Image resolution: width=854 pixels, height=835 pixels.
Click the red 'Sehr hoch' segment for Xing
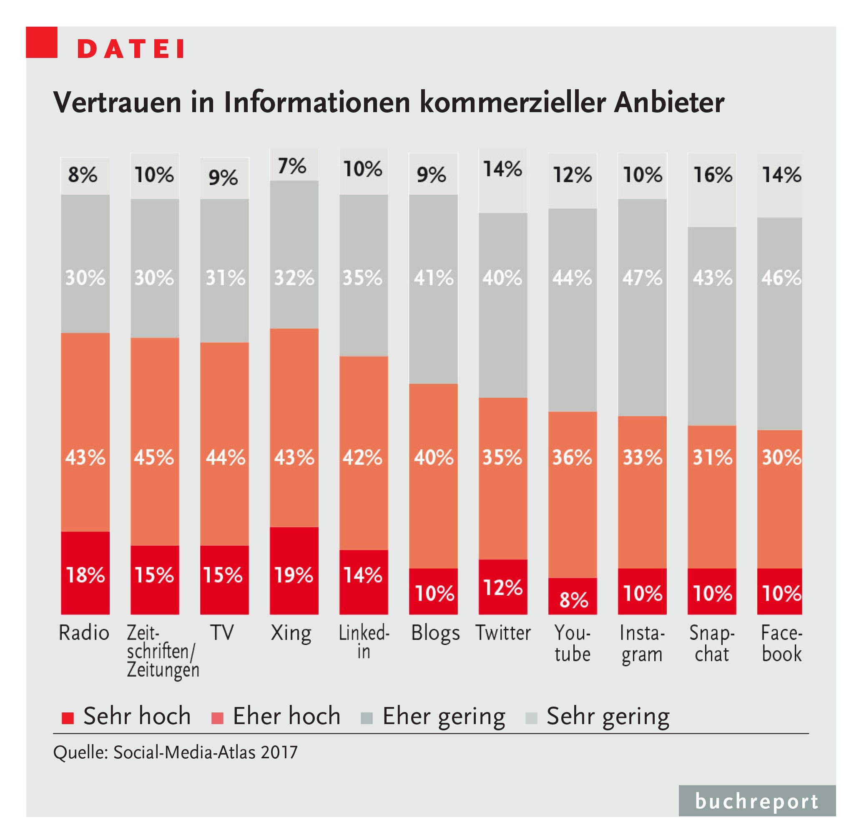tap(294, 570)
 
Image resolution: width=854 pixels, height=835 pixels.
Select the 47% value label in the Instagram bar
tap(642, 278)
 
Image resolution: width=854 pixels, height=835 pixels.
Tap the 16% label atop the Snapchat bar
tap(712, 175)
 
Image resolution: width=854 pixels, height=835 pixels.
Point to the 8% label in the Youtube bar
tap(573, 599)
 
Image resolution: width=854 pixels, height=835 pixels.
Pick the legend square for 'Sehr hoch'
tap(68, 718)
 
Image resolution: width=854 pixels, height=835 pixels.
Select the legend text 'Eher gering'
tap(443, 716)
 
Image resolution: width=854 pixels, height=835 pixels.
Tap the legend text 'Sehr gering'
tap(608, 716)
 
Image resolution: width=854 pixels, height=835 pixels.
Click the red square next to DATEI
tap(42, 42)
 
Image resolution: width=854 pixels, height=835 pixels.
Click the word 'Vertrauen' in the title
tap(117, 102)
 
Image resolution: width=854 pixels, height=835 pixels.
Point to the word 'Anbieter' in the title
tap(668, 102)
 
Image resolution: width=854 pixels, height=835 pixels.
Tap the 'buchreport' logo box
tap(756, 801)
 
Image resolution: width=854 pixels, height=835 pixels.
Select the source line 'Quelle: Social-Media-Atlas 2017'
tap(175, 752)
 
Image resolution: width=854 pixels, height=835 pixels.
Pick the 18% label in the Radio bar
tap(85, 574)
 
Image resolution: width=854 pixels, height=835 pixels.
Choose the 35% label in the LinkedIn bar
tap(362, 278)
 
